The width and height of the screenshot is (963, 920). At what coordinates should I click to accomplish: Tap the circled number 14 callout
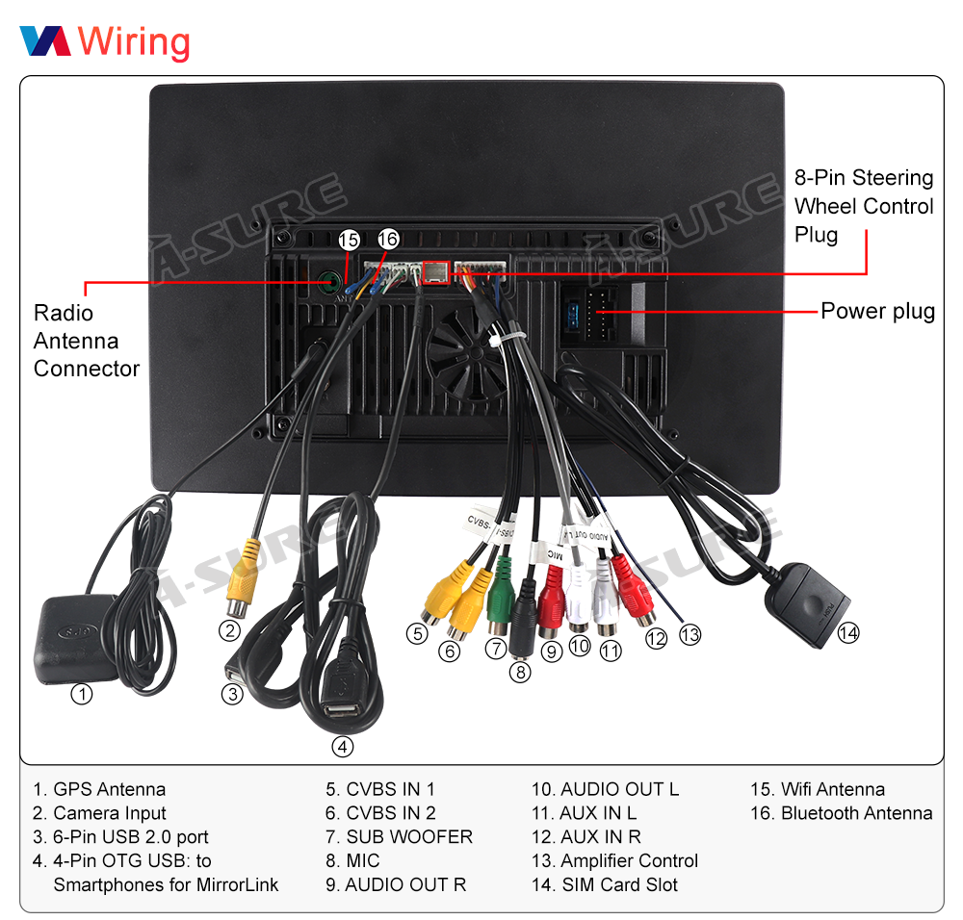pos(847,632)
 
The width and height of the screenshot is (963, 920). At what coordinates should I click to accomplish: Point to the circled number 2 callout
pos(228,631)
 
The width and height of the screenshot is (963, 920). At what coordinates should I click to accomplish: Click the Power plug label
pos(877,311)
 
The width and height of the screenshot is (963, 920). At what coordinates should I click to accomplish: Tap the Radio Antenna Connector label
pos(87,341)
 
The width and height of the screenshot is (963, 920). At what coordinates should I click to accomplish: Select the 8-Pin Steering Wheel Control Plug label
pos(864,206)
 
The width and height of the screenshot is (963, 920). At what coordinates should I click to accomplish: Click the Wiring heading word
pos(134,41)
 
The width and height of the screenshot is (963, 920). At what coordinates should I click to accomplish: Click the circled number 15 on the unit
pos(349,240)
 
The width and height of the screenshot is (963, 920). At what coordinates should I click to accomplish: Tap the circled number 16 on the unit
pos(387,239)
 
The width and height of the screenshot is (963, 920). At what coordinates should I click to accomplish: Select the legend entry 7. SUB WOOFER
pos(399,837)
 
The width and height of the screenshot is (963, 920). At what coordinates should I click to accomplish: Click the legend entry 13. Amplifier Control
pos(614,861)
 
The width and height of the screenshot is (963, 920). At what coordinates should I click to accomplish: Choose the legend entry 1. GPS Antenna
pos(98,789)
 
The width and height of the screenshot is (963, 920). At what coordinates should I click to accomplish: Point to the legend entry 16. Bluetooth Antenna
pos(841,813)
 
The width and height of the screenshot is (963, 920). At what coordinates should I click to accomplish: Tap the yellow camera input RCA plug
pos(243,576)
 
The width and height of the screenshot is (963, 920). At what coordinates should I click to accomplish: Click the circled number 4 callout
pos(342,746)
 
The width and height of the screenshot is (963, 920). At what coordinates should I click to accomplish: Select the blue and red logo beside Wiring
pos(45,40)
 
